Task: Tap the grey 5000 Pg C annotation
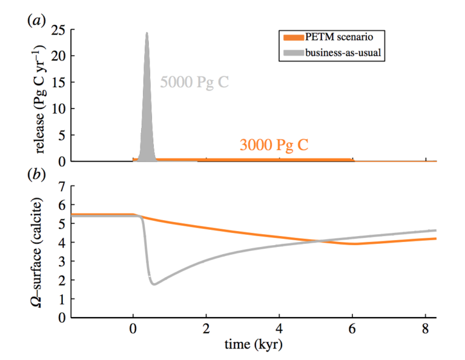[x=194, y=82]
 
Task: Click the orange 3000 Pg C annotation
[x=274, y=145]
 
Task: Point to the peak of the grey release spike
[x=147, y=33]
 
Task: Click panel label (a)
[x=35, y=20]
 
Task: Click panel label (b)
[x=35, y=177]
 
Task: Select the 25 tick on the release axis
[x=59, y=29]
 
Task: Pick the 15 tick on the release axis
[x=59, y=82]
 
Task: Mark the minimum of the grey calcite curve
[x=154, y=284]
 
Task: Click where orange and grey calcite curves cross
[x=317, y=241]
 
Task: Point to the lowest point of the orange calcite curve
[x=354, y=244]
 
